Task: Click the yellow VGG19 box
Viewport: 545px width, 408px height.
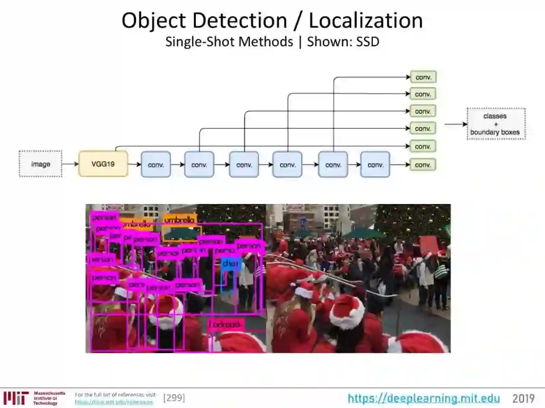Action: tap(103, 164)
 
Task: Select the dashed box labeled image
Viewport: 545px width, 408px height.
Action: tap(40, 164)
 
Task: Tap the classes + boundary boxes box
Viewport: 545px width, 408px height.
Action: tap(495, 124)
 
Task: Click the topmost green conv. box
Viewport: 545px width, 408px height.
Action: tap(423, 77)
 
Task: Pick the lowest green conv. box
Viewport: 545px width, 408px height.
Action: tap(423, 165)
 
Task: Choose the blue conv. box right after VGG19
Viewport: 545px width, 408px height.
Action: tap(156, 165)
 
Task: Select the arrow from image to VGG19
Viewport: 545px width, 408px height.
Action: tap(70, 164)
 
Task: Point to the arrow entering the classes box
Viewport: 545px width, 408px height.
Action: tap(455, 124)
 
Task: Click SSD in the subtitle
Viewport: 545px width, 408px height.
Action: tap(367, 42)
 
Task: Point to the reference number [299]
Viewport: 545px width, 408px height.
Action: tap(174, 398)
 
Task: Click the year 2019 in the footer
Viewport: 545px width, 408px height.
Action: tap(523, 398)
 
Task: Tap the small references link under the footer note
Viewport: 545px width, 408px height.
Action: tap(114, 402)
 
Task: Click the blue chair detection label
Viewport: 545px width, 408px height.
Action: tap(229, 263)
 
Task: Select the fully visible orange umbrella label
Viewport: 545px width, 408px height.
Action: tap(179, 220)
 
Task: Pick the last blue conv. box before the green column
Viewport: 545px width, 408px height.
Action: tap(375, 165)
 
